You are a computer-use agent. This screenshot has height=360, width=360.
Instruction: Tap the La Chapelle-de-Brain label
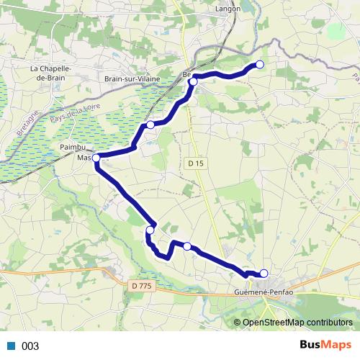coord(49,73)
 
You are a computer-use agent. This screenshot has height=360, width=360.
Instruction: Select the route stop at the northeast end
coord(260,65)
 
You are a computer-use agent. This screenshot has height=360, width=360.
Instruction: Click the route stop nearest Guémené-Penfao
coord(264,273)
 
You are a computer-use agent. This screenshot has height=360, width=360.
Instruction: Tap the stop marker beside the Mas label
coord(96,157)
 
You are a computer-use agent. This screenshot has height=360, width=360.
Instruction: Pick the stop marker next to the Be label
coord(193,81)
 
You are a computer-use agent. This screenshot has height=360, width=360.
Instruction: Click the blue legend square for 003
coord(11,346)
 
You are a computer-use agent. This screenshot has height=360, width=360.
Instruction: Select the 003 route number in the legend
coord(30,346)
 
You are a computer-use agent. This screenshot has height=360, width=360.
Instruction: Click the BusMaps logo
coord(324,346)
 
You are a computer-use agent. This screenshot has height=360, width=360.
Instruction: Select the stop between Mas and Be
coord(150,125)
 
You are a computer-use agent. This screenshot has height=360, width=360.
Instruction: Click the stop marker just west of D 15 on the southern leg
coord(187,246)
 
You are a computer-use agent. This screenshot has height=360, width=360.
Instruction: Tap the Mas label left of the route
coord(84,157)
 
